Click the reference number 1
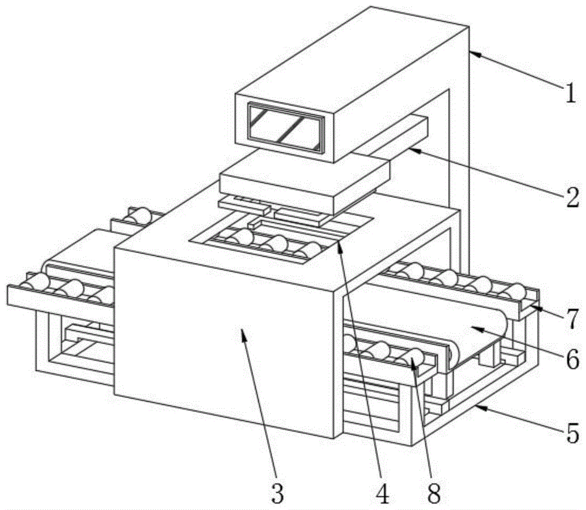(x=570, y=93)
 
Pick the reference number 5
(x=572, y=433)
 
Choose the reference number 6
(x=571, y=357)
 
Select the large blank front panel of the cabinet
(x=223, y=340)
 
